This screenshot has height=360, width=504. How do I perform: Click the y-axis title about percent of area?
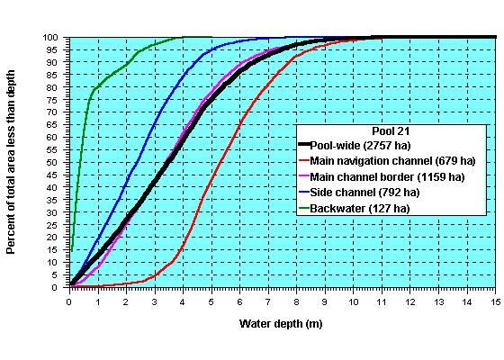coord(12,161)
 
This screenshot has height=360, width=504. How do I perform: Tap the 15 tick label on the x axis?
coord(494,301)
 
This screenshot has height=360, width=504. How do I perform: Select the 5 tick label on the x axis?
coord(211,301)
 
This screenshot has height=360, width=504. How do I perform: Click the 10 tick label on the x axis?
coord(353,301)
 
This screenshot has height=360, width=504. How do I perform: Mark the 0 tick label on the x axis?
coord(70,301)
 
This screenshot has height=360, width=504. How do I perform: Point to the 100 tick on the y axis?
coord(55,38)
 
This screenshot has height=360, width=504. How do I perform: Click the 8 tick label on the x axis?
coord(296,301)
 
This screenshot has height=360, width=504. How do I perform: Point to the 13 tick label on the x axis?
coord(437,301)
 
